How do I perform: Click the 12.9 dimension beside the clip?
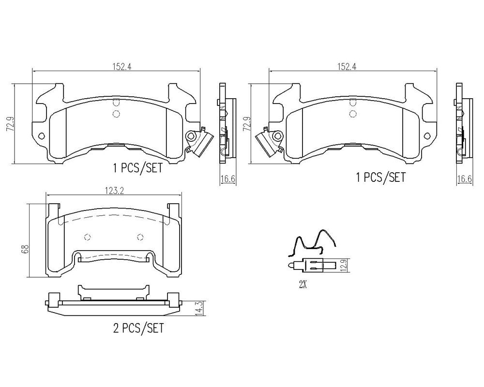(x=344, y=265)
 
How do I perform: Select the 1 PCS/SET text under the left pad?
(x=137, y=169)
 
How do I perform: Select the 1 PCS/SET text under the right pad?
(x=380, y=178)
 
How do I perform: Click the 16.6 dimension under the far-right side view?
(x=465, y=179)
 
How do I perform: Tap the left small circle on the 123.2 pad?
(x=87, y=237)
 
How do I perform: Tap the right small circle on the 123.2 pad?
(x=140, y=237)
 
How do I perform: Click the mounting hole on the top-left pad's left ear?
(x=42, y=136)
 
